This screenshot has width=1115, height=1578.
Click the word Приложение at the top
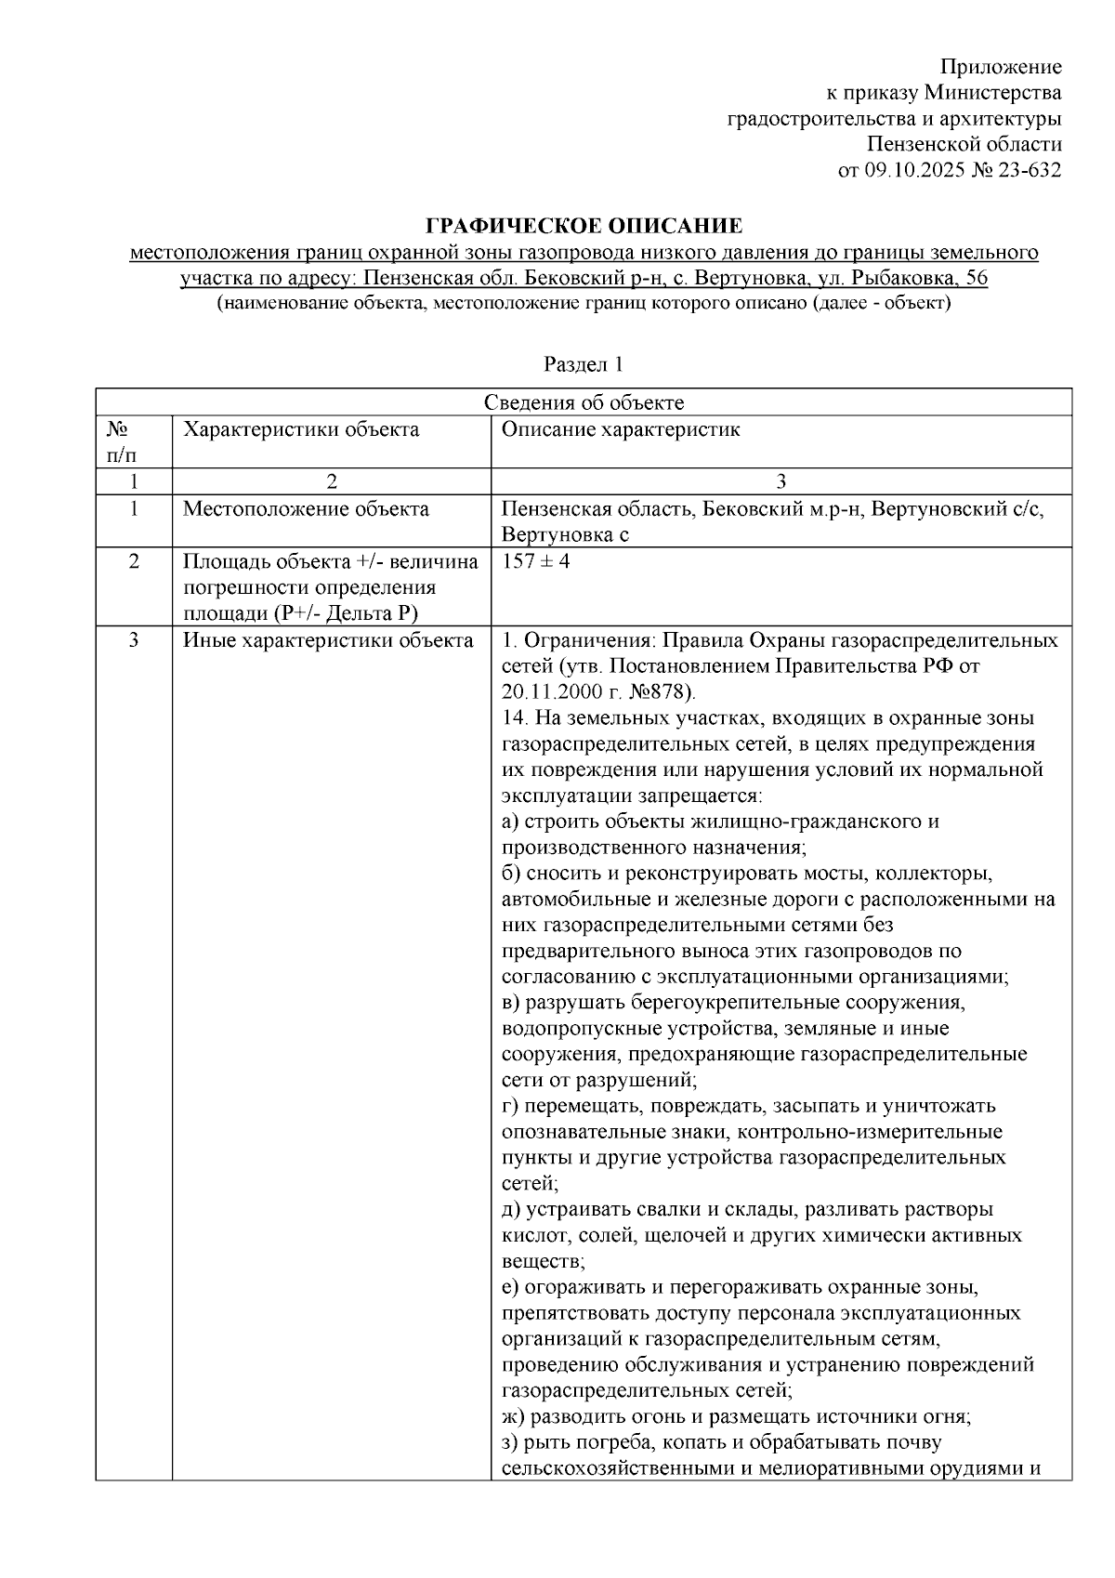pos(1000,67)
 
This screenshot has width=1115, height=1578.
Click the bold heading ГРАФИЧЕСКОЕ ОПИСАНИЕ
pos(584,226)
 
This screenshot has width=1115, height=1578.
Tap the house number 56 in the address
pos(977,278)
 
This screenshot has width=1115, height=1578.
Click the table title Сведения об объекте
pos(584,402)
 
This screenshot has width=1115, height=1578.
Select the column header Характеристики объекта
pos(301,429)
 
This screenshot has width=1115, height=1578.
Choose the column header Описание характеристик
pos(621,429)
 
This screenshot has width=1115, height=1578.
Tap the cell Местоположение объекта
pos(306,508)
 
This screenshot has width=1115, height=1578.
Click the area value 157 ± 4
pos(535,561)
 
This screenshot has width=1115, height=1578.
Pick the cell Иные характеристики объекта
pos(328,640)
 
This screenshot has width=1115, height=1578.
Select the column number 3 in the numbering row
pos(780,480)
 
